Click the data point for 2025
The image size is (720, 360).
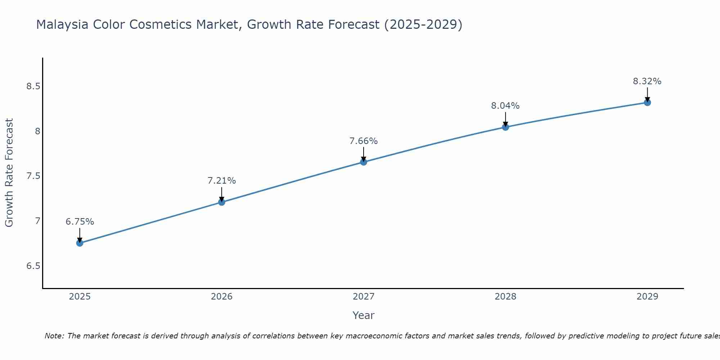coord(80,243)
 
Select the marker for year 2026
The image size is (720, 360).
coord(222,202)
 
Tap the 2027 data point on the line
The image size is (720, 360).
coord(364,162)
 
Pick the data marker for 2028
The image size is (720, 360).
coord(505,127)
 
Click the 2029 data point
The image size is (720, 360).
coord(647,103)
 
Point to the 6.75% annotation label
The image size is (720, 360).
coord(80,222)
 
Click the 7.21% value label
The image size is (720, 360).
coord(222,181)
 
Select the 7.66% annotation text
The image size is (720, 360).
coord(364,141)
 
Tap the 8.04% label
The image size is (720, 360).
coord(505,106)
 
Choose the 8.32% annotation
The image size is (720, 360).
coord(647,81)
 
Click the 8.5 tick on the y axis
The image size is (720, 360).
coord(33,86)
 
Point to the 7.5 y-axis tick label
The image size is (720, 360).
coord(33,176)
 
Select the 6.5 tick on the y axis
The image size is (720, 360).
coord(33,266)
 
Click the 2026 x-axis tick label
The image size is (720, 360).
coord(222,297)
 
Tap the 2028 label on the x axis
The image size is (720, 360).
coord(505,297)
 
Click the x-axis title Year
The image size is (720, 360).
coord(364,315)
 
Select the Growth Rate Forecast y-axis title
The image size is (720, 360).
coord(9,173)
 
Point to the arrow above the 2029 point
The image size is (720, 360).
coord(647,94)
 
